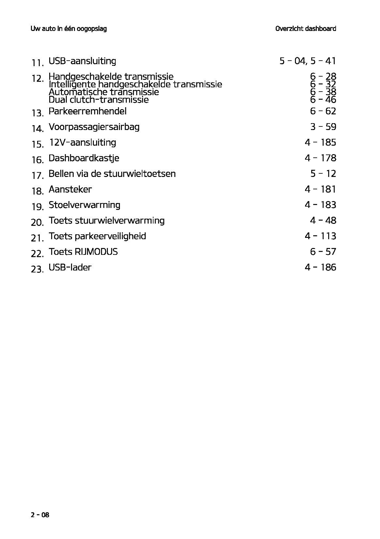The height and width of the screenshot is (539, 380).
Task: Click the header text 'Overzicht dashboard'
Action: tap(305, 29)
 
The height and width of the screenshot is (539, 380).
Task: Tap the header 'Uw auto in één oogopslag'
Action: tap(68, 29)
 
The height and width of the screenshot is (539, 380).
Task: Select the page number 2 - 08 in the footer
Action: tap(40, 515)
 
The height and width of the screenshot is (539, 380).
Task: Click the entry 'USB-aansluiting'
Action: tap(82, 61)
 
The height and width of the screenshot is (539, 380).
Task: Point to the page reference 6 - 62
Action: tap(323, 111)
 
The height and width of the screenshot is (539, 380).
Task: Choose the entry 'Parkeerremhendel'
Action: tap(87, 111)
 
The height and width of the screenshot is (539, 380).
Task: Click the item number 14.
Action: tap(37, 128)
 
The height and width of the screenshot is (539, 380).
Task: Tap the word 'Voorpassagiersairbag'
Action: tap(94, 127)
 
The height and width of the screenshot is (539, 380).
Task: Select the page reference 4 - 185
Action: tap(320, 142)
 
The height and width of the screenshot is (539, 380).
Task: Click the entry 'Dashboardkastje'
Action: tap(84, 158)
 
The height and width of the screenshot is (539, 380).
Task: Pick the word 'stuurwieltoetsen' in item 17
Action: tap(139, 174)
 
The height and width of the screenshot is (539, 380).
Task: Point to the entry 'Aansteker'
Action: tap(70, 189)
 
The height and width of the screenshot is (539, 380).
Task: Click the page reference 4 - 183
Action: tap(320, 205)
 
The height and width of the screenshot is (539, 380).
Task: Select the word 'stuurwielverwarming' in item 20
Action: tap(120, 221)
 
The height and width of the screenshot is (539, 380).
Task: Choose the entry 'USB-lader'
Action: tap(70, 268)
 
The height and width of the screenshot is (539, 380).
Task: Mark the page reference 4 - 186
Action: tap(320, 268)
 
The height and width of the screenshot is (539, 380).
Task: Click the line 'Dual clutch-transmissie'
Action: tap(98, 100)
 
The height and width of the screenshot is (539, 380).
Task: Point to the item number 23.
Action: tap(37, 269)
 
